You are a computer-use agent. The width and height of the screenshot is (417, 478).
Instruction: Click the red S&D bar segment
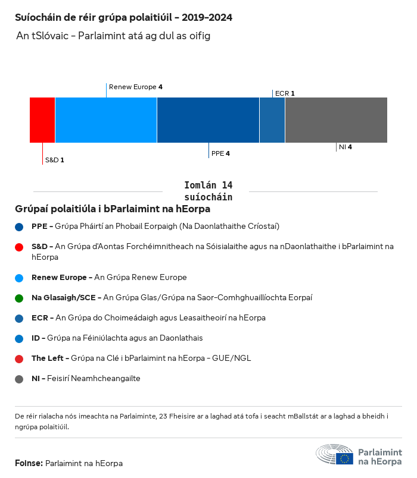(x=42, y=120)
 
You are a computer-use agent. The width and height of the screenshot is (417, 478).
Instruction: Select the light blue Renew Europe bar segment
(x=106, y=120)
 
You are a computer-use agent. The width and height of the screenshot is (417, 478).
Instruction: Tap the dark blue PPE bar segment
(x=208, y=120)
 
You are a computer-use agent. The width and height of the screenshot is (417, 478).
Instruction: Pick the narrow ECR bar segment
(x=272, y=120)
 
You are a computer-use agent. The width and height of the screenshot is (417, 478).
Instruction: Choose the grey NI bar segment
(x=336, y=120)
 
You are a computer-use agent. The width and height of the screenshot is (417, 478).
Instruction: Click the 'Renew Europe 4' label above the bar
(x=136, y=87)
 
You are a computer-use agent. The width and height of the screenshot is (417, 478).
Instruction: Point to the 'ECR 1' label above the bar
(x=285, y=93)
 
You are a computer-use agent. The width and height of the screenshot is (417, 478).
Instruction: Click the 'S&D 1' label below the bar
(x=55, y=161)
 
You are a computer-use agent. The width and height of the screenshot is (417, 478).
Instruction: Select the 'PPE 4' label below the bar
(x=220, y=153)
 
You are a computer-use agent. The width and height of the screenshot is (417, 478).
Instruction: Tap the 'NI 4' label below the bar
(x=345, y=147)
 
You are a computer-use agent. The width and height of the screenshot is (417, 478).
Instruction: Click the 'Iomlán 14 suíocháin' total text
(x=208, y=191)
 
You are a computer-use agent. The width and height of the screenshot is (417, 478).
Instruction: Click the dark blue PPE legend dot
(x=19, y=227)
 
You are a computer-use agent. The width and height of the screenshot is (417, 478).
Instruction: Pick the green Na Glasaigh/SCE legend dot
(x=19, y=297)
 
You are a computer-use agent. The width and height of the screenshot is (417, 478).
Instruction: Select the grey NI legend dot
(x=19, y=379)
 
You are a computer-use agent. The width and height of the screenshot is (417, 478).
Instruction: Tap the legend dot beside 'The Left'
(x=19, y=358)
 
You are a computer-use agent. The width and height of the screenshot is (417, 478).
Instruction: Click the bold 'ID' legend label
(x=36, y=338)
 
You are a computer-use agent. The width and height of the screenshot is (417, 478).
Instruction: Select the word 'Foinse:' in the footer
(x=29, y=463)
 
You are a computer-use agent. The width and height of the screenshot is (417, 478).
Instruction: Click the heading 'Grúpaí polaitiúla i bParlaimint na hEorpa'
(x=113, y=209)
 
